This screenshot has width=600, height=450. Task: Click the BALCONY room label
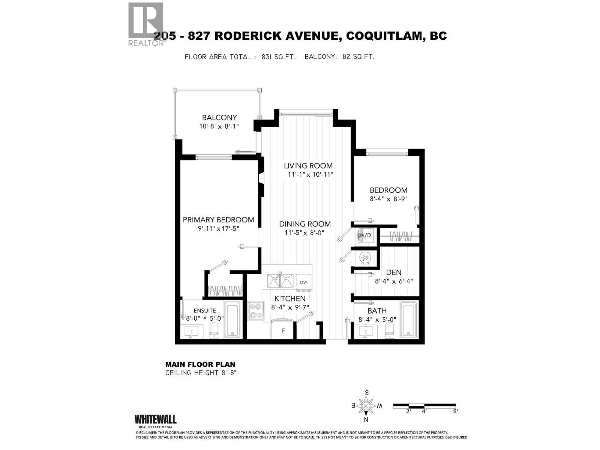pos(219,118)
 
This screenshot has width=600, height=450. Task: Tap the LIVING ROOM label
pos(308,166)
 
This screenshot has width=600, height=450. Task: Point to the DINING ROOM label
pos(304,224)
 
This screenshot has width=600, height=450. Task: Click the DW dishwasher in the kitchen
pos(304,282)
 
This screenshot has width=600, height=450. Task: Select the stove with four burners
pos(255,310)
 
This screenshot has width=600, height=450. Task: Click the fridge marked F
pos(283,330)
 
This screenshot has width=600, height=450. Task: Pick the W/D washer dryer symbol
pos(365,235)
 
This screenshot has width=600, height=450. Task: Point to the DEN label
pos(393,273)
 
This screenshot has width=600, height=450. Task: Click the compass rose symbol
pos(366,406)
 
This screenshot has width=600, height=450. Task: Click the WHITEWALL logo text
pos(155,419)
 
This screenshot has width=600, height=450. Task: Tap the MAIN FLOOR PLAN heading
pos(200,364)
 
